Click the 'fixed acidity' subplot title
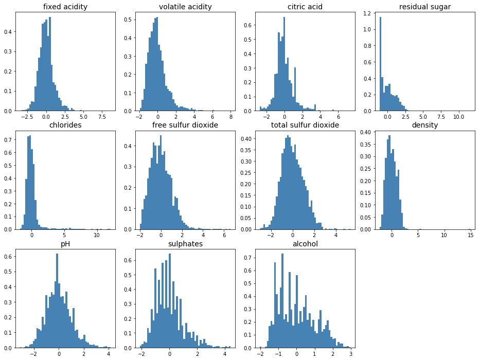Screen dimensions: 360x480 pyautogui.click(x=65, y=7)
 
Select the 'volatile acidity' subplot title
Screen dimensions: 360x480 pyautogui.click(x=185, y=7)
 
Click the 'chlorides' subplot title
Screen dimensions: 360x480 pyautogui.click(x=65, y=125)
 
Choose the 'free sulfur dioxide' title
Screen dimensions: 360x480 pyautogui.click(x=185, y=125)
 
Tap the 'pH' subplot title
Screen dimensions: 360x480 pyautogui.click(x=65, y=244)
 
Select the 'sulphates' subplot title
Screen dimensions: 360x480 pyautogui.click(x=185, y=244)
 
